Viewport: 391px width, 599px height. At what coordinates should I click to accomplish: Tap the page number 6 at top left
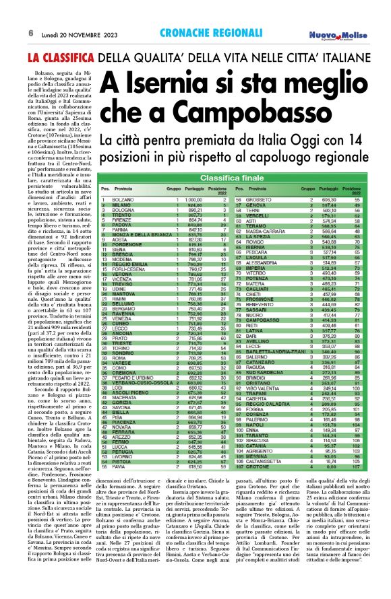pyautogui.click(x=11, y=33)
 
